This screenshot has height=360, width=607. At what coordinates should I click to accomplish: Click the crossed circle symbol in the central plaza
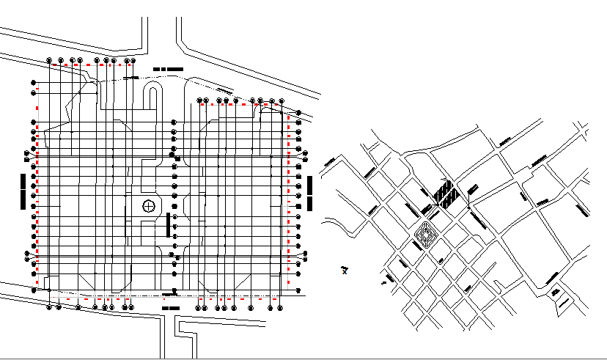click(149, 206)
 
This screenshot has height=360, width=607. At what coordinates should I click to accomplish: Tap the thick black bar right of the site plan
click(311, 193)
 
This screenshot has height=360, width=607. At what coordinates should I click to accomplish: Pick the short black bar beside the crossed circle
click(170, 224)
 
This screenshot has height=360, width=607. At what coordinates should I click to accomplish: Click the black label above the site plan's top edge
click(169, 68)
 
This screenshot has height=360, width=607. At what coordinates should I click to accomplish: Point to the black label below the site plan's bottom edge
click(170, 309)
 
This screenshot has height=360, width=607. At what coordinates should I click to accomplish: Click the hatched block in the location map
click(443, 194)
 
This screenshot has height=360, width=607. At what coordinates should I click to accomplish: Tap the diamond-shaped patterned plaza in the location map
click(426, 235)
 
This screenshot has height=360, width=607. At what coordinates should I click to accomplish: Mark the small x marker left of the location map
click(345, 271)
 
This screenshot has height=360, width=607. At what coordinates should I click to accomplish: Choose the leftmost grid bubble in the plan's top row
click(49, 60)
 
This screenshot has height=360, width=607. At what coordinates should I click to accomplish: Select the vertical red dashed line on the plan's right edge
click(288, 198)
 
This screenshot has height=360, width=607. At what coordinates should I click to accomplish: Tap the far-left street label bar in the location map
click(331, 160)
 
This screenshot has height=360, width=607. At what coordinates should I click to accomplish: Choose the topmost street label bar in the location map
click(505, 141)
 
